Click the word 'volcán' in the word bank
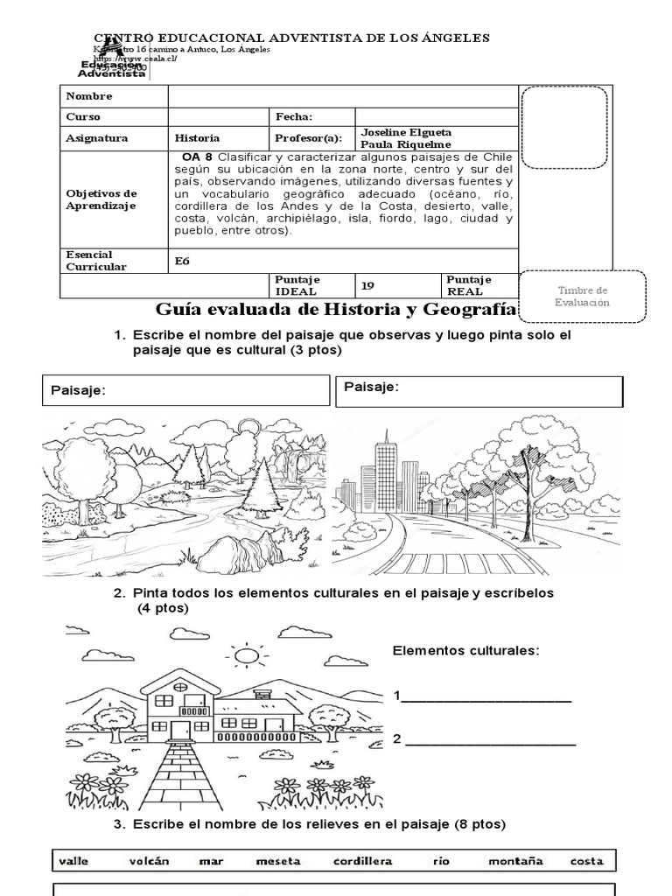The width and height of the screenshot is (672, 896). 149,861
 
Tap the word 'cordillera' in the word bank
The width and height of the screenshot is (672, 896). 362,861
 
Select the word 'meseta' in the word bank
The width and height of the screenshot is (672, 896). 278,861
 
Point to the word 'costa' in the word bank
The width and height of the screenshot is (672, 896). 586,861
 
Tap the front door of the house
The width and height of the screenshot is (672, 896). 180,730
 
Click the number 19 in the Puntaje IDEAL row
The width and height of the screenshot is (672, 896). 368,285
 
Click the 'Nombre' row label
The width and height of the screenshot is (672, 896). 84,95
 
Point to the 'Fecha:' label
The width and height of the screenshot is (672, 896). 294,116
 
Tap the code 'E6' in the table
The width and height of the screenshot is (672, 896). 183,261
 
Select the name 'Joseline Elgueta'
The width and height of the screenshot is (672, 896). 406,132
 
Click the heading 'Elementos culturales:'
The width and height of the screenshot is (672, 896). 465,651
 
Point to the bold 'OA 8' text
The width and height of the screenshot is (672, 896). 199,157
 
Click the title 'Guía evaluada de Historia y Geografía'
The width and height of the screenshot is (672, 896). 337,310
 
